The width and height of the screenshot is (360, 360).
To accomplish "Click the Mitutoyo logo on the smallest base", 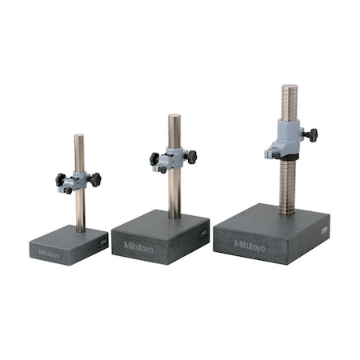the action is tap(49, 254).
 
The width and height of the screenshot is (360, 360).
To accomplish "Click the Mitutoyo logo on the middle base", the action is tap(138, 246).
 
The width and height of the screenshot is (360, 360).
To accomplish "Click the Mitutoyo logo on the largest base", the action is tap(250, 246).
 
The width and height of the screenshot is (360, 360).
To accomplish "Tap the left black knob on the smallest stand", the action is tap(60, 180).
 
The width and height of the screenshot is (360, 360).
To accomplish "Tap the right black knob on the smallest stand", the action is tap(95, 179).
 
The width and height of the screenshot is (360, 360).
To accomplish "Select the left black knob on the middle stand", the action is tap(154, 159).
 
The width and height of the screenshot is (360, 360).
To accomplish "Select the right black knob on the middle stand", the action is tap(192, 157).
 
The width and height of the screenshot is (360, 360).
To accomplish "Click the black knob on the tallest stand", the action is tap(312, 135).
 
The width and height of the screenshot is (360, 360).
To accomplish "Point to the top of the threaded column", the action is tap(290, 86).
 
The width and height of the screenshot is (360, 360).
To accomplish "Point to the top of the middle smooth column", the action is tap(174, 116).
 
